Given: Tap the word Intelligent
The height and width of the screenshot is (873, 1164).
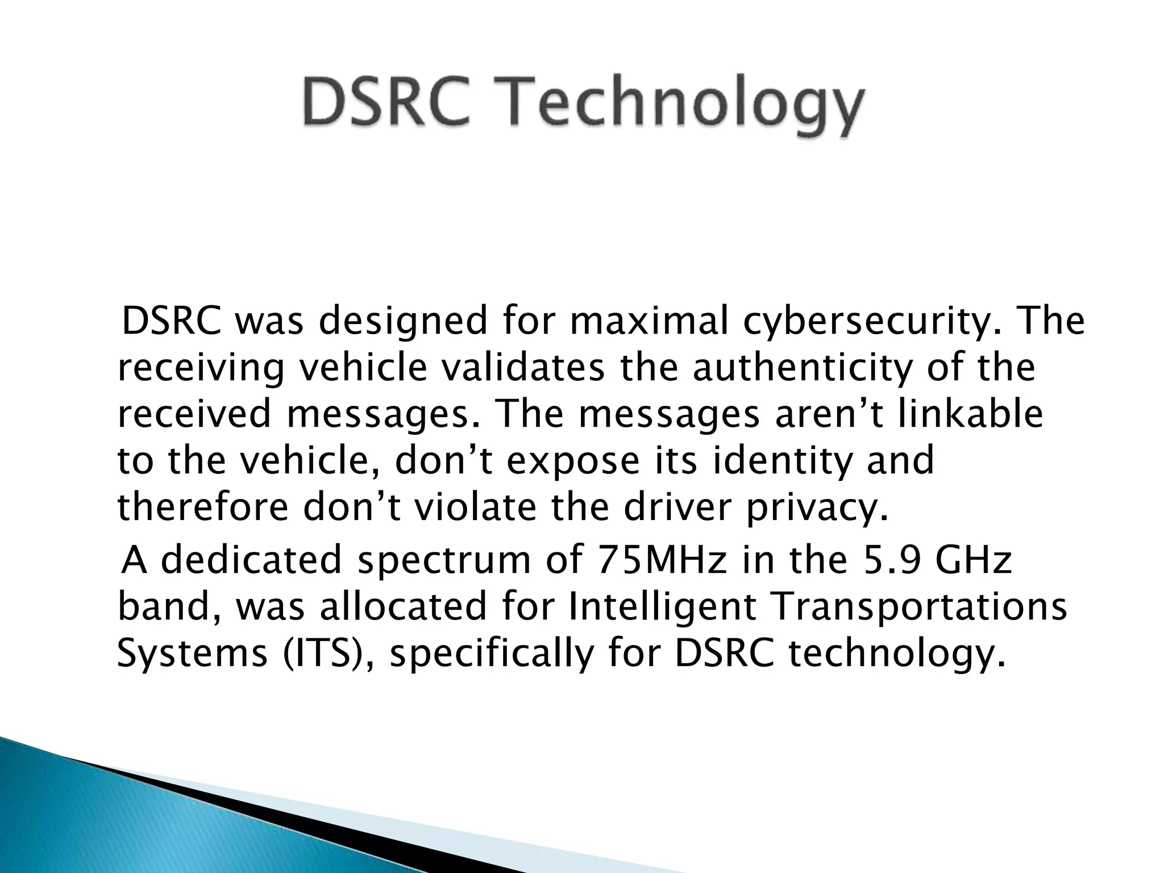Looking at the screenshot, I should (662, 607).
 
